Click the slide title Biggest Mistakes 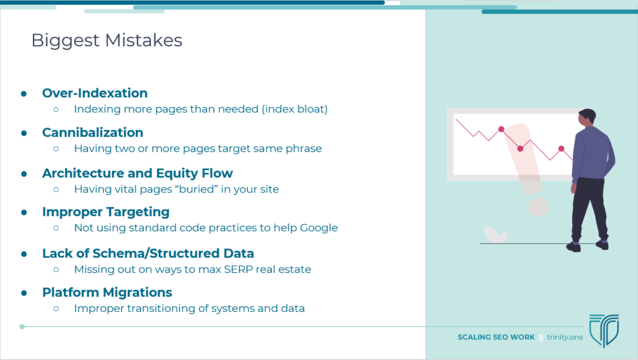(107, 40)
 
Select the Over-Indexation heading (95, 93)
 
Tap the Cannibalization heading (93, 133)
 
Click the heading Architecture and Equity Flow (138, 173)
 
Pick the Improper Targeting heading (106, 212)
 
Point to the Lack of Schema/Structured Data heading (148, 253)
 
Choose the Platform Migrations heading (107, 293)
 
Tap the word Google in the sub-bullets (318, 228)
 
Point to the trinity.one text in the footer (564, 337)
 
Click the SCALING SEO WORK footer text (496, 337)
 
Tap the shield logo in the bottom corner (604, 330)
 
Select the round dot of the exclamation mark (538, 207)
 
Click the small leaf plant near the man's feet (495, 234)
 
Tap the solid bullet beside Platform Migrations (24, 293)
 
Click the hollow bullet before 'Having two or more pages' (56, 149)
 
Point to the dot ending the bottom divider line (22, 326)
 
